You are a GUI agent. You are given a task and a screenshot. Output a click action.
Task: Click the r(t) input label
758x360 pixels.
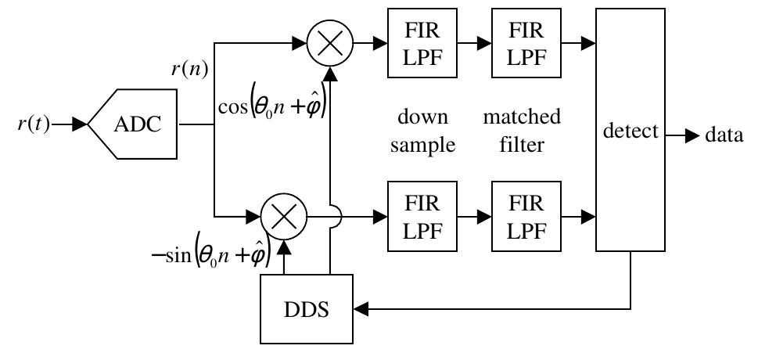pyautogui.click(x=33, y=124)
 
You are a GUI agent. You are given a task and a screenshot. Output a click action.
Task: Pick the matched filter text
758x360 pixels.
pyautogui.click(x=522, y=131)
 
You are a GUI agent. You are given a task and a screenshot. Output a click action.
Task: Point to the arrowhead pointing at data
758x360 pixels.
pyautogui.click(x=692, y=136)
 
